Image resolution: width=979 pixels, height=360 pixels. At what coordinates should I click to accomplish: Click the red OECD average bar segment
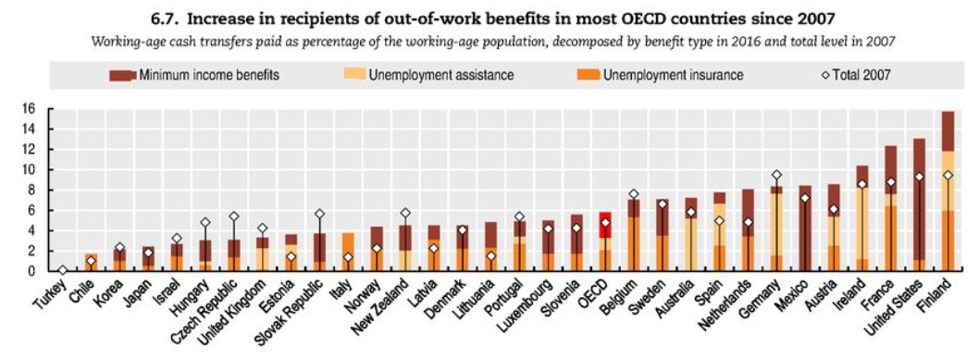pyautogui.click(x=605, y=225)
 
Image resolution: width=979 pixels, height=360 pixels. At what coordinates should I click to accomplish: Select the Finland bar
pyautogui.click(x=948, y=191)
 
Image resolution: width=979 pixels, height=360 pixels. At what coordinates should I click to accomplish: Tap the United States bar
pyautogui.click(x=919, y=205)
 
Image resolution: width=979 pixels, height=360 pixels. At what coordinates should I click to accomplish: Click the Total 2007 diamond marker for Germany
pyautogui.click(x=776, y=175)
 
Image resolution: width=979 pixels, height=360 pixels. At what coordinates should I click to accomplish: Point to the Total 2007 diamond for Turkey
pyautogui.click(x=62, y=270)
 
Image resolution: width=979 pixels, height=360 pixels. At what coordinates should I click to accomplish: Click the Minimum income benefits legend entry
pyautogui.click(x=194, y=76)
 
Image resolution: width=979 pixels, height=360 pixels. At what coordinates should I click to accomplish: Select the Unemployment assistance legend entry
pyautogui.click(x=428, y=76)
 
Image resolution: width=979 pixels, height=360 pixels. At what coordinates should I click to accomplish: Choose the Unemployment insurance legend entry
pyautogui.click(x=662, y=76)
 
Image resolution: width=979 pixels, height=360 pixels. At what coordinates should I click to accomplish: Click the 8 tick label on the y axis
pyautogui.click(x=39, y=190)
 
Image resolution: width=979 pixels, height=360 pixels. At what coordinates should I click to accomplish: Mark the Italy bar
pyautogui.click(x=349, y=252)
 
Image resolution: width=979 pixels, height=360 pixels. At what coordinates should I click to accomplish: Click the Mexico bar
pyautogui.click(x=805, y=229)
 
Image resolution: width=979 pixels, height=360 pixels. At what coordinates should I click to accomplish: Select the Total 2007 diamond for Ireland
pyautogui.click(x=861, y=184)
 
